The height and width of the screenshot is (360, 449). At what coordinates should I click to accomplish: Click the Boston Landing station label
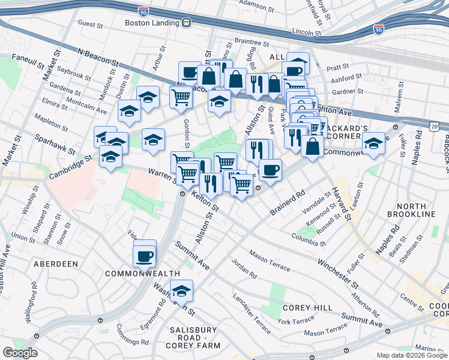(x=152, y=23)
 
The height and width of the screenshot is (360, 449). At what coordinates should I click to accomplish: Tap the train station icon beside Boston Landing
(x=187, y=23)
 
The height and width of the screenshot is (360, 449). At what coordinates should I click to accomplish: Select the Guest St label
(x=91, y=25)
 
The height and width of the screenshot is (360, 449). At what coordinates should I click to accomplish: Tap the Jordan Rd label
(x=244, y=269)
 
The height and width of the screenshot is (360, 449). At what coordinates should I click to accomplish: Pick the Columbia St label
(x=309, y=239)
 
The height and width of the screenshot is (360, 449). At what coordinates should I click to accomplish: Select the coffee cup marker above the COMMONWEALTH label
(x=145, y=256)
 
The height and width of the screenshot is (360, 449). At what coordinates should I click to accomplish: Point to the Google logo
(x=20, y=353)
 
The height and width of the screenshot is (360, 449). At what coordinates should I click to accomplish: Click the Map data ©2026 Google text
(x=411, y=355)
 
